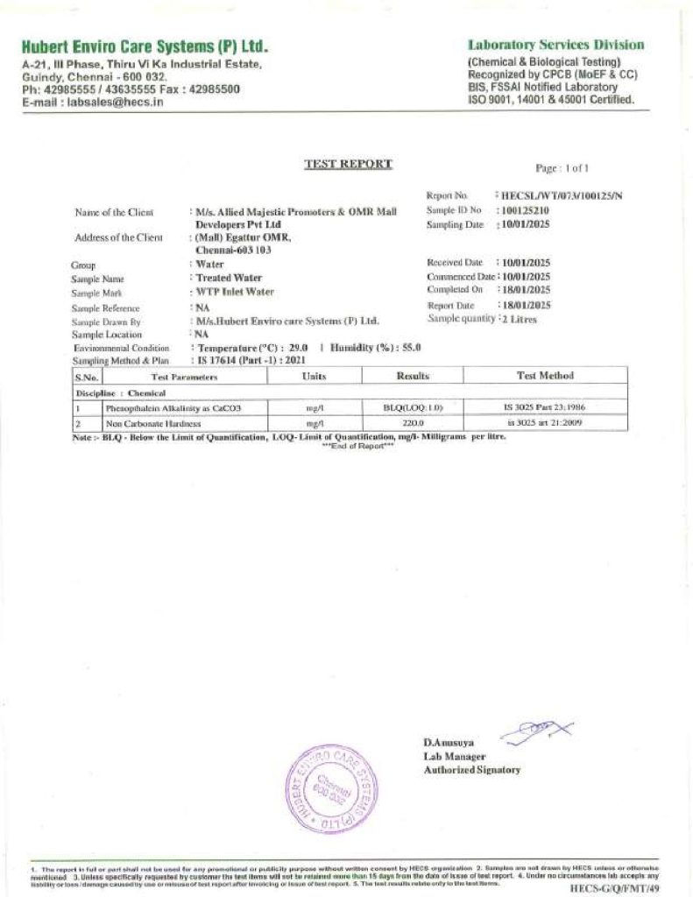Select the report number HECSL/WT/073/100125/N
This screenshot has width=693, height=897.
pos(561,195)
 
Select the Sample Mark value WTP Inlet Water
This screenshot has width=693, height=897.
pos(234,292)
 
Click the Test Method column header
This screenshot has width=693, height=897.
pos(545,376)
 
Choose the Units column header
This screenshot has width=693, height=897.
pos(314,376)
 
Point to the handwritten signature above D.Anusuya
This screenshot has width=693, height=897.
pos(534,729)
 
